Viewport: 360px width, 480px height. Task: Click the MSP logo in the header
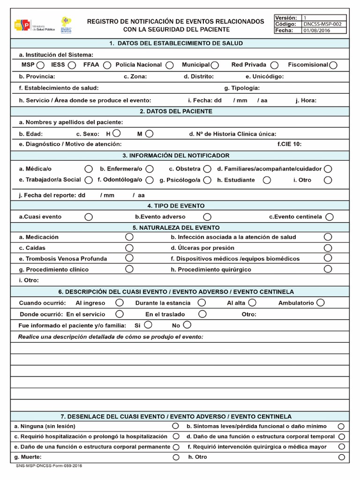click(22, 25)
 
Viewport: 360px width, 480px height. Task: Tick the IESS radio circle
click(72, 65)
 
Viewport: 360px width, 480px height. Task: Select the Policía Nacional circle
click(170, 65)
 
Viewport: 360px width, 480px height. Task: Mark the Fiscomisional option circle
click(333, 65)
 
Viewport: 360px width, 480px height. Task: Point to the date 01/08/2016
click(317, 30)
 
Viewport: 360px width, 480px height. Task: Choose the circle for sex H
click(117, 134)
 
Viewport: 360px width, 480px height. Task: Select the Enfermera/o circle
click(150, 169)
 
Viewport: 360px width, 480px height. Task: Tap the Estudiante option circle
click(267, 180)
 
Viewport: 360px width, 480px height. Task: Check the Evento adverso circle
click(207, 217)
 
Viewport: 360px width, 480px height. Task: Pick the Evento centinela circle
click(330, 217)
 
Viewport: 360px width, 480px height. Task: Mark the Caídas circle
click(129, 248)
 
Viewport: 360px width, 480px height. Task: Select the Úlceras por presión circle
click(328, 248)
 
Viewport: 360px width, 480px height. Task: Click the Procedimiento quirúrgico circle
click(328, 269)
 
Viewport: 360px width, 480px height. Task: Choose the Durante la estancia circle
click(202, 303)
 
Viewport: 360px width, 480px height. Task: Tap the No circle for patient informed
click(187, 325)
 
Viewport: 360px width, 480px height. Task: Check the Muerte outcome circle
click(176, 457)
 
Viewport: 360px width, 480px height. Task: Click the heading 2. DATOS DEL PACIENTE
click(176, 112)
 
